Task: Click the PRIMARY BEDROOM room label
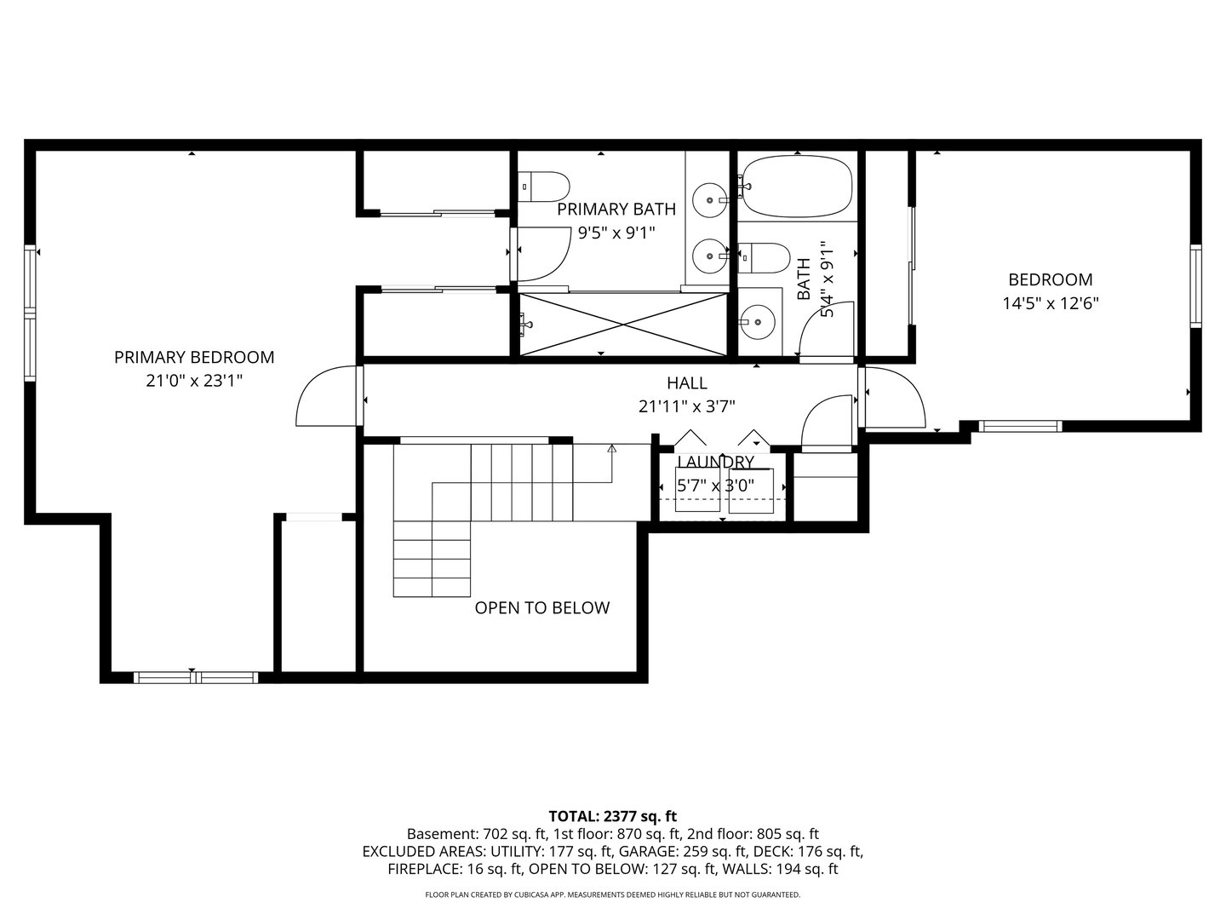pos(194,358)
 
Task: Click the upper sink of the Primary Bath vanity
pos(708,200)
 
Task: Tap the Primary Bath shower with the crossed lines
pos(623,324)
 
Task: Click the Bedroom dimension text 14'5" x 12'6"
pos(1050,302)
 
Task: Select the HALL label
pos(686,383)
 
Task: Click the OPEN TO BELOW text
pos(541,608)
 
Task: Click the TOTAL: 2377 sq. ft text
pos(612,816)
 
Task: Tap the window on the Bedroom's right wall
pos(1195,285)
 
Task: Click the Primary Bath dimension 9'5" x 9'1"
pos(616,233)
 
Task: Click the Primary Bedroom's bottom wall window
pos(196,678)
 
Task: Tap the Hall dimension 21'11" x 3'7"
pos(686,407)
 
